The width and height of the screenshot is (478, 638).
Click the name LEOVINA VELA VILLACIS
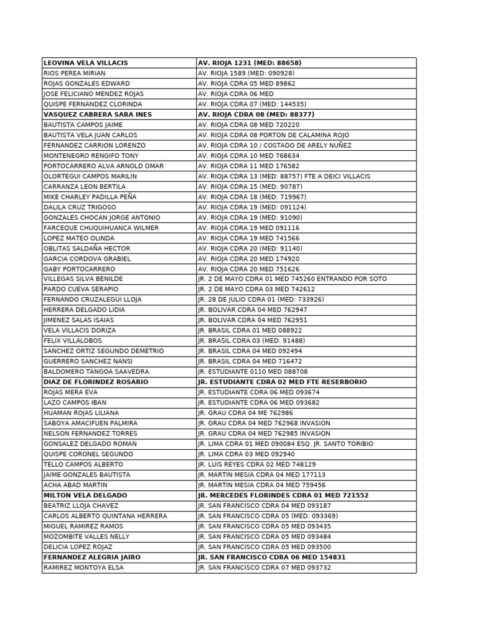tap(86, 63)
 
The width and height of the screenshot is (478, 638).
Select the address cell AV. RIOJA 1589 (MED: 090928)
tap(246, 74)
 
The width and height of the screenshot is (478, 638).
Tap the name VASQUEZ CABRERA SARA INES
tap(98, 115)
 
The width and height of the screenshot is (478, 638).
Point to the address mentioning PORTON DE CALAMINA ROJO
tap(273, 135)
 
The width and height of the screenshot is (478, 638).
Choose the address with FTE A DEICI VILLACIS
tap(284, 176)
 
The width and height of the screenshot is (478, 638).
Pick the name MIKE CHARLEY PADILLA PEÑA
tap(90, 197)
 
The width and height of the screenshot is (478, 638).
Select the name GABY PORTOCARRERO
tap(79, 269)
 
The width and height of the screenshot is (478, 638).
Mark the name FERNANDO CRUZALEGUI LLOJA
tap(92, 300)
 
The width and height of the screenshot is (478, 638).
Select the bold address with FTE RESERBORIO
tap(282, 382)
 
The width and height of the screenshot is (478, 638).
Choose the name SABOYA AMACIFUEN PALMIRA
tap(90, 423)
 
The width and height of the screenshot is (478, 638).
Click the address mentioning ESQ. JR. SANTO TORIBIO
tap(286, 444)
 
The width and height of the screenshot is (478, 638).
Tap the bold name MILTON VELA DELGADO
tap(85, 495)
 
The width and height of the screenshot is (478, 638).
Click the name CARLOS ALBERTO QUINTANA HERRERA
tap(105, 516)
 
